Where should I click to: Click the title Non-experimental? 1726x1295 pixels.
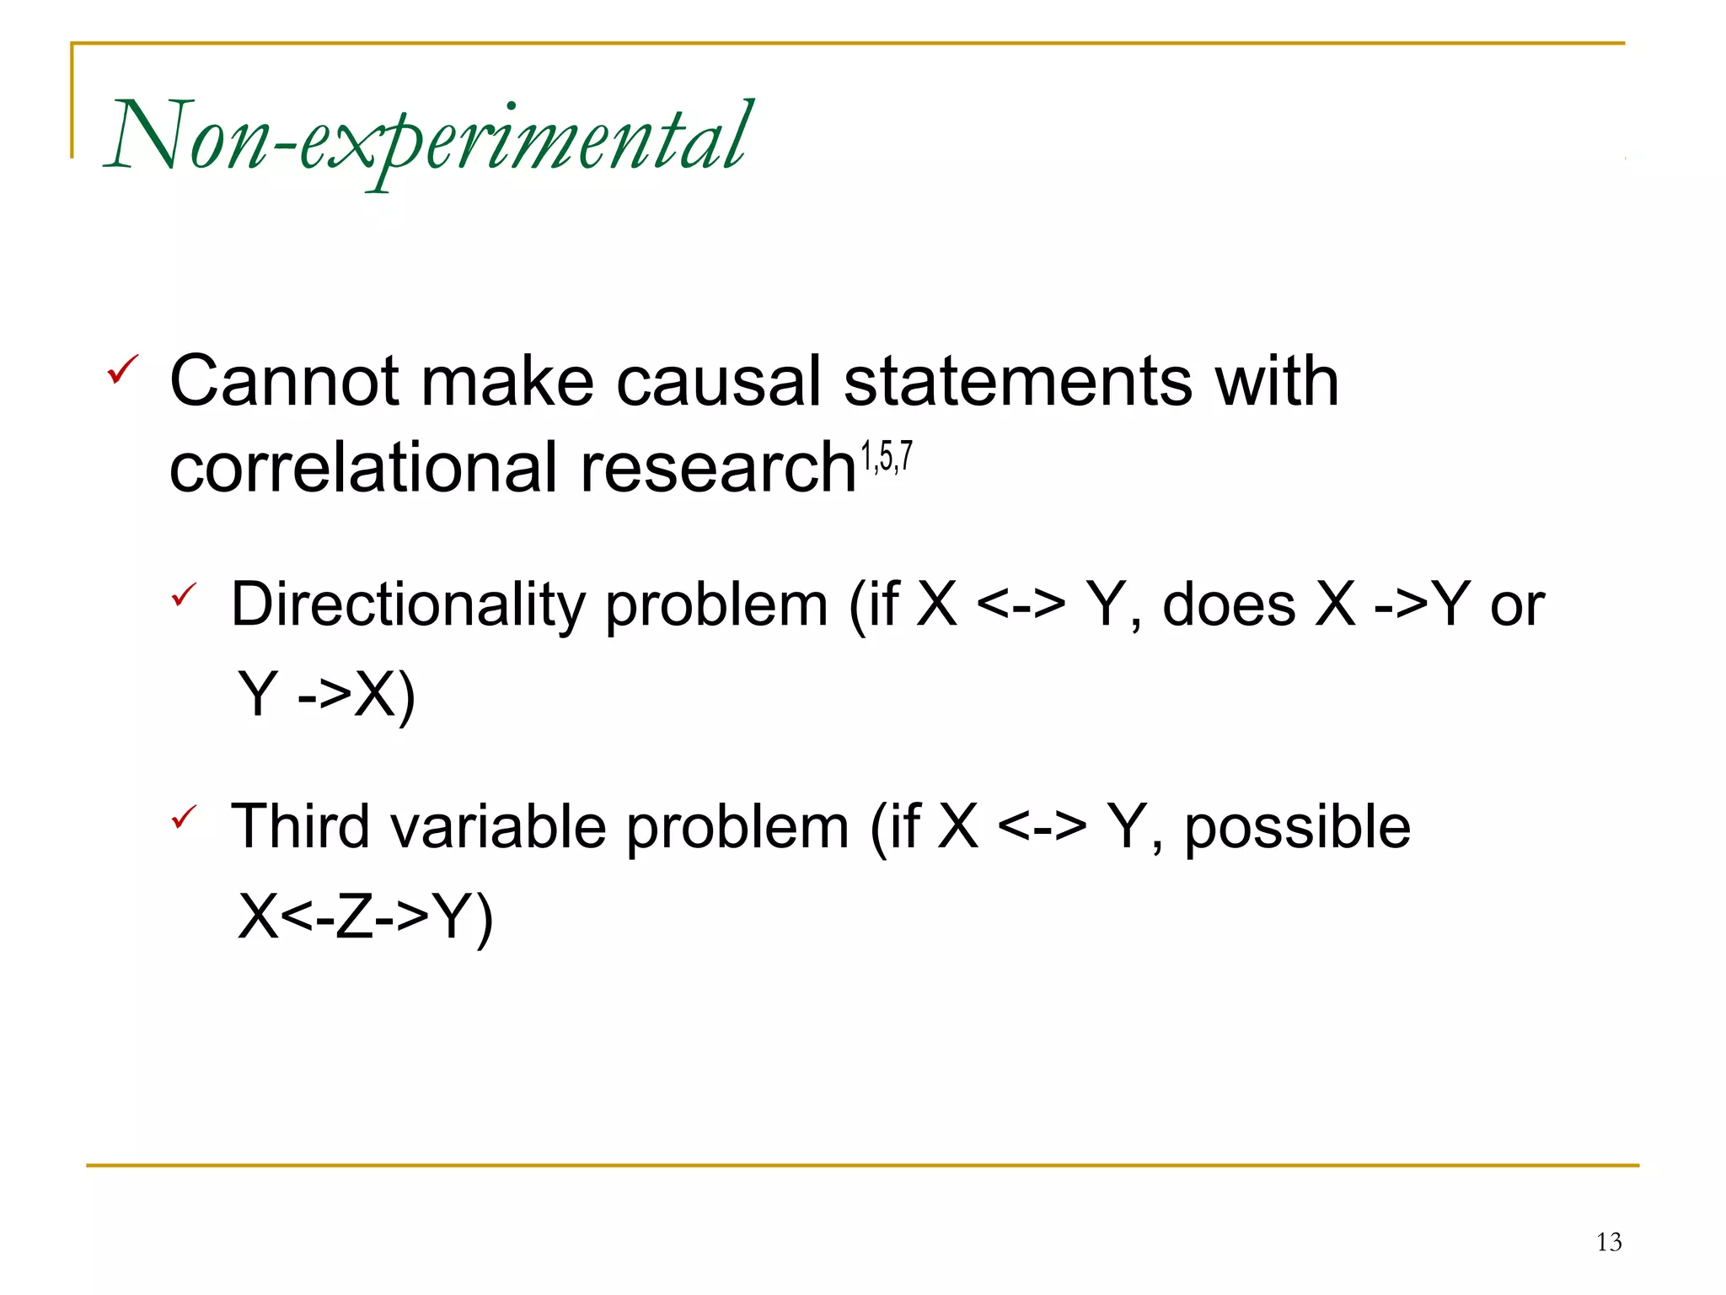point(428,137)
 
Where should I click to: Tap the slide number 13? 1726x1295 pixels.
point(1608,1242)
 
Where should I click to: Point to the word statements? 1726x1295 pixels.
point(1017,381)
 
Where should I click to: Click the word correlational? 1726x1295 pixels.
point(364,468)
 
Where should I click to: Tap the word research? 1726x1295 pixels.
point(718,468)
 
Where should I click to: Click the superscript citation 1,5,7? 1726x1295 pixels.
point(886,457)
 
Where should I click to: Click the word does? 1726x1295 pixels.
point(1229,605)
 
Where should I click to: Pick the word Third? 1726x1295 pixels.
point(300,826)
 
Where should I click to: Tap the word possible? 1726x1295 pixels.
point(1297,828)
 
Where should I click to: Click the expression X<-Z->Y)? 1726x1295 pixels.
point(365,916)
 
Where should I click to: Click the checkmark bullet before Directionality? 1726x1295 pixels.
point(184,594)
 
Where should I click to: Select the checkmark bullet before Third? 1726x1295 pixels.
point(184,816)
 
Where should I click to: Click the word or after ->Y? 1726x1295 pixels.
point(1517,605)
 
